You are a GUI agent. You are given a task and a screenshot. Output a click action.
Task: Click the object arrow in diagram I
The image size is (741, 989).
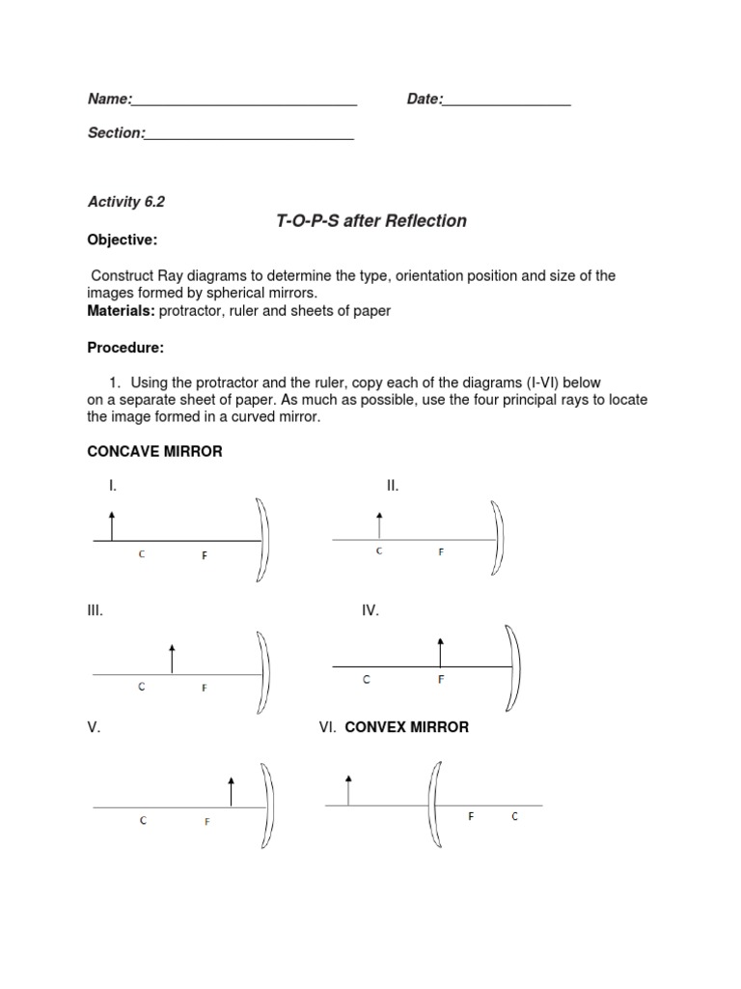pos(112,526)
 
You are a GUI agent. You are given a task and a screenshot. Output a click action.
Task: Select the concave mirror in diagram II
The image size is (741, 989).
pos(499,539)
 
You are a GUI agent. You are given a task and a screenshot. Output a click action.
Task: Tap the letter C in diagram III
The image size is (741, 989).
pos(141,687)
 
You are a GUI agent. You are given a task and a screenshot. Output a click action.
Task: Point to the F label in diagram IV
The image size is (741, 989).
pos(441,680)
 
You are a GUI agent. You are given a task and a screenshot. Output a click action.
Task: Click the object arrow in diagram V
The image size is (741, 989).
pos(231,791)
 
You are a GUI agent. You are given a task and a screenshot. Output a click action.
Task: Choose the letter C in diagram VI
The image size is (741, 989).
pos(514,817)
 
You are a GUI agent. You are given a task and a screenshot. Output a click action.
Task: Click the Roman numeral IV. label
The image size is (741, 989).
pos(370,610)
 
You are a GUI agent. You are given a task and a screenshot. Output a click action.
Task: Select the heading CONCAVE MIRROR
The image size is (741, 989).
pos(155,452)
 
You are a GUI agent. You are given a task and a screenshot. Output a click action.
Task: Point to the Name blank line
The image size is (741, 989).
pos(244,101)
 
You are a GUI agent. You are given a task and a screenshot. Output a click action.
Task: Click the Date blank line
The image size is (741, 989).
pos(507,101)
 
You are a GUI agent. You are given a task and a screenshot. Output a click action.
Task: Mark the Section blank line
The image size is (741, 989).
pos(249,135)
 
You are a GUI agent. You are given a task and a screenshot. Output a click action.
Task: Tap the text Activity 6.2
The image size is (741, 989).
pos(126,202)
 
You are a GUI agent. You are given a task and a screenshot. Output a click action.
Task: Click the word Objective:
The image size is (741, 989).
pos(123,240)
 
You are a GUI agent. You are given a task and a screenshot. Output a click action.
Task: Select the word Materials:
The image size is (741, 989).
pos(122,311)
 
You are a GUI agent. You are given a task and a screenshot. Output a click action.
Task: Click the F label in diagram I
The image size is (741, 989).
pos(205,555)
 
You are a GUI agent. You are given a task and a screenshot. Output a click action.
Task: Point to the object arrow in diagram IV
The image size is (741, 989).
pos(441,652)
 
